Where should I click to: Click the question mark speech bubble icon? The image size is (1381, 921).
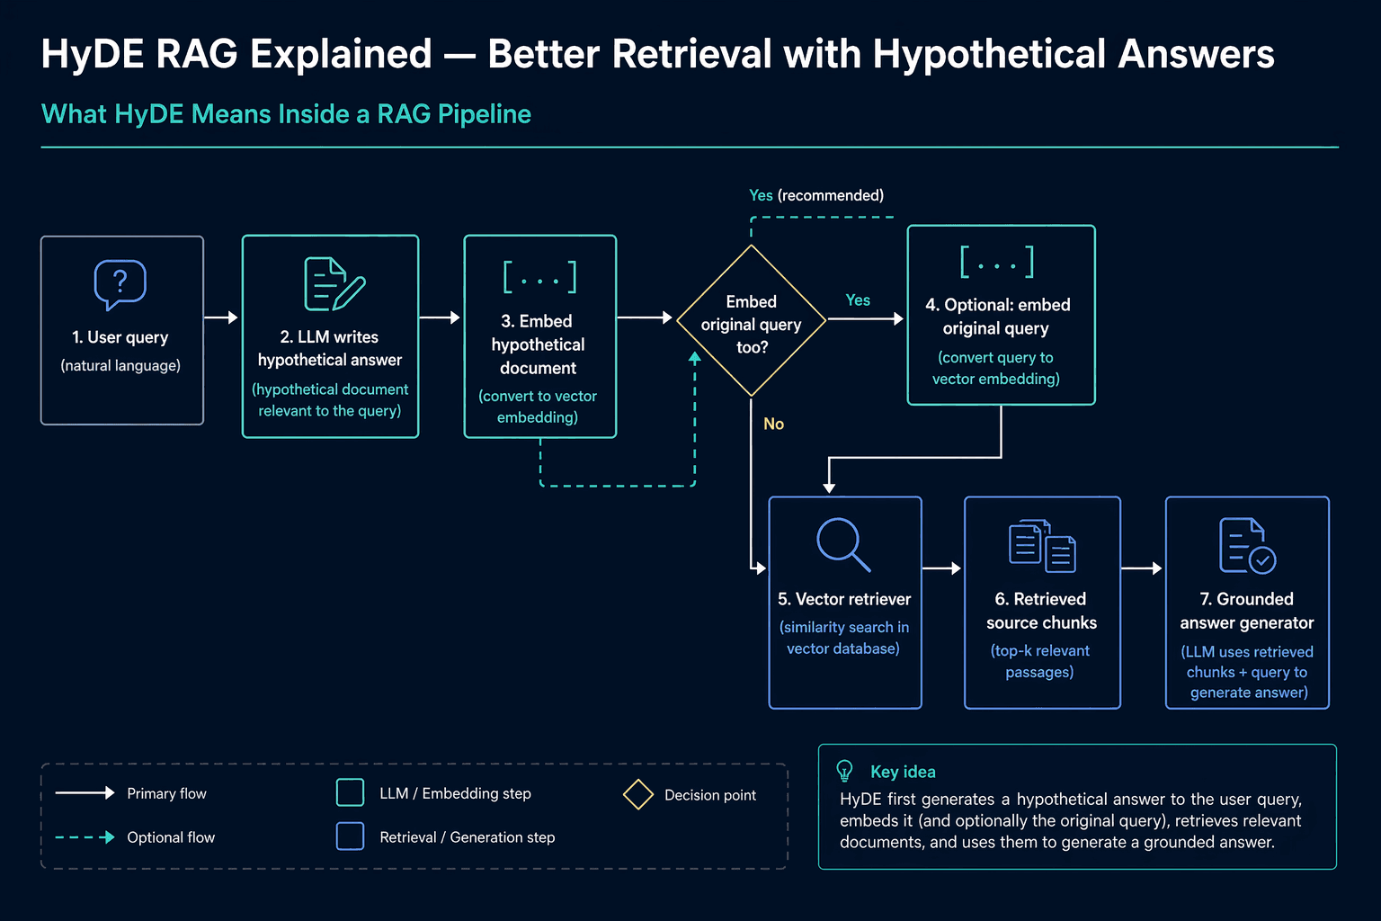point(120,284)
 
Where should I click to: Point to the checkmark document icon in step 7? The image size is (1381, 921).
point(1247,546)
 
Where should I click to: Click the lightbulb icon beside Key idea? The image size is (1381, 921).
point(844,771)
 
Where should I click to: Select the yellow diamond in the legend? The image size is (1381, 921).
point(638,794)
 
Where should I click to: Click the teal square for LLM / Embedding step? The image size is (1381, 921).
point(350,792)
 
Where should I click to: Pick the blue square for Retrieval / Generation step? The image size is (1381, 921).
point(350,836)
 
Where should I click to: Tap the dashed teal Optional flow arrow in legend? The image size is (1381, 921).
point(85,837)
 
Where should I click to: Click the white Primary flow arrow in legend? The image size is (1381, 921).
point(85,792)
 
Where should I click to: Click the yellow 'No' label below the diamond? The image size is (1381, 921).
point(774,424)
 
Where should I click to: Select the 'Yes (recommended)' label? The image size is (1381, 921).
point(816,195)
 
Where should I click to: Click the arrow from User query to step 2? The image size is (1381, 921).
point(220,317)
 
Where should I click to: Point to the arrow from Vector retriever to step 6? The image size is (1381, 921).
point(941,568)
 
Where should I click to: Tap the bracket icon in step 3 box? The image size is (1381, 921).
point(540,277)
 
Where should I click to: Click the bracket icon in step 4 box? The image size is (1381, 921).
point(997,262)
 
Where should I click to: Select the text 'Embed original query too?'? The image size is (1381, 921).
point(751,325)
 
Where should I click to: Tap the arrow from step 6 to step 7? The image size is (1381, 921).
point(1142,568)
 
